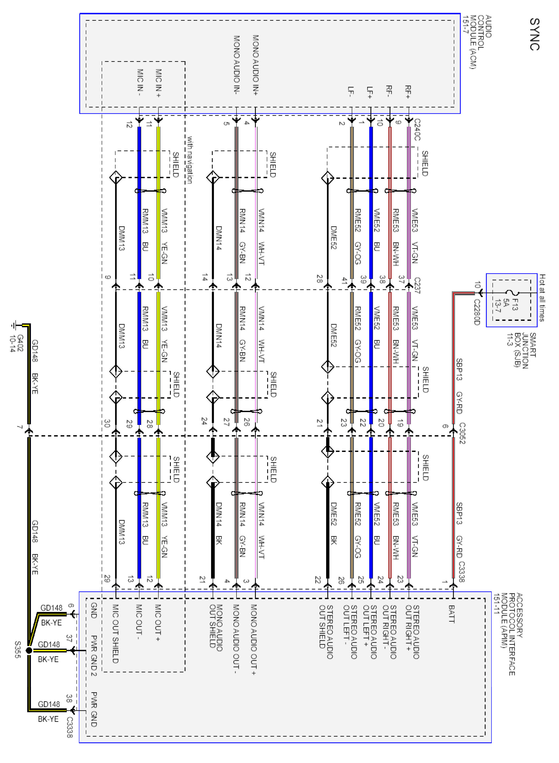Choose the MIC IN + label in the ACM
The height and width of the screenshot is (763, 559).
158,83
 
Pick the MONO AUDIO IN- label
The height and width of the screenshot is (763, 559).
236,64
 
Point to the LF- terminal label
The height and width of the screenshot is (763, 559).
351,92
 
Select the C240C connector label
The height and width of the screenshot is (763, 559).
417,129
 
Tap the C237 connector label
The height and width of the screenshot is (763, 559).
417,285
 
